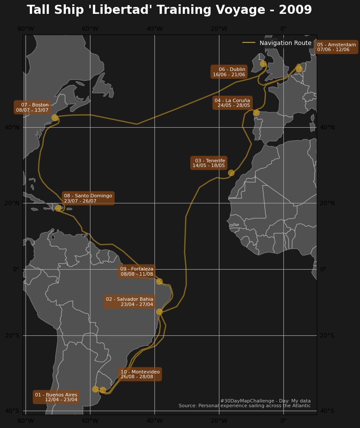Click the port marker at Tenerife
[x=231, y=173]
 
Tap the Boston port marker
[x=55, y=117]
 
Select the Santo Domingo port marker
[x=58, y=208]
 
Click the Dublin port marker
[x=263, y=64]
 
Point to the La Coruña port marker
[x=256, y=113]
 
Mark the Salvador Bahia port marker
[x=159, y=312]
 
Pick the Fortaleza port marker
[x=159, y=281]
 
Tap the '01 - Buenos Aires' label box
[x=56, y=397]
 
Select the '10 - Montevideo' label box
[x=140, y=374]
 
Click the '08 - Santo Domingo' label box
[x=88, y=198]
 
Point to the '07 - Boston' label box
[x=32, y=107]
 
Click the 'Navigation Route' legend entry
[x=285, y=43]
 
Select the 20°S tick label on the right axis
[x=327, y=335]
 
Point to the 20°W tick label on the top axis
[x=219, y=29]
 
